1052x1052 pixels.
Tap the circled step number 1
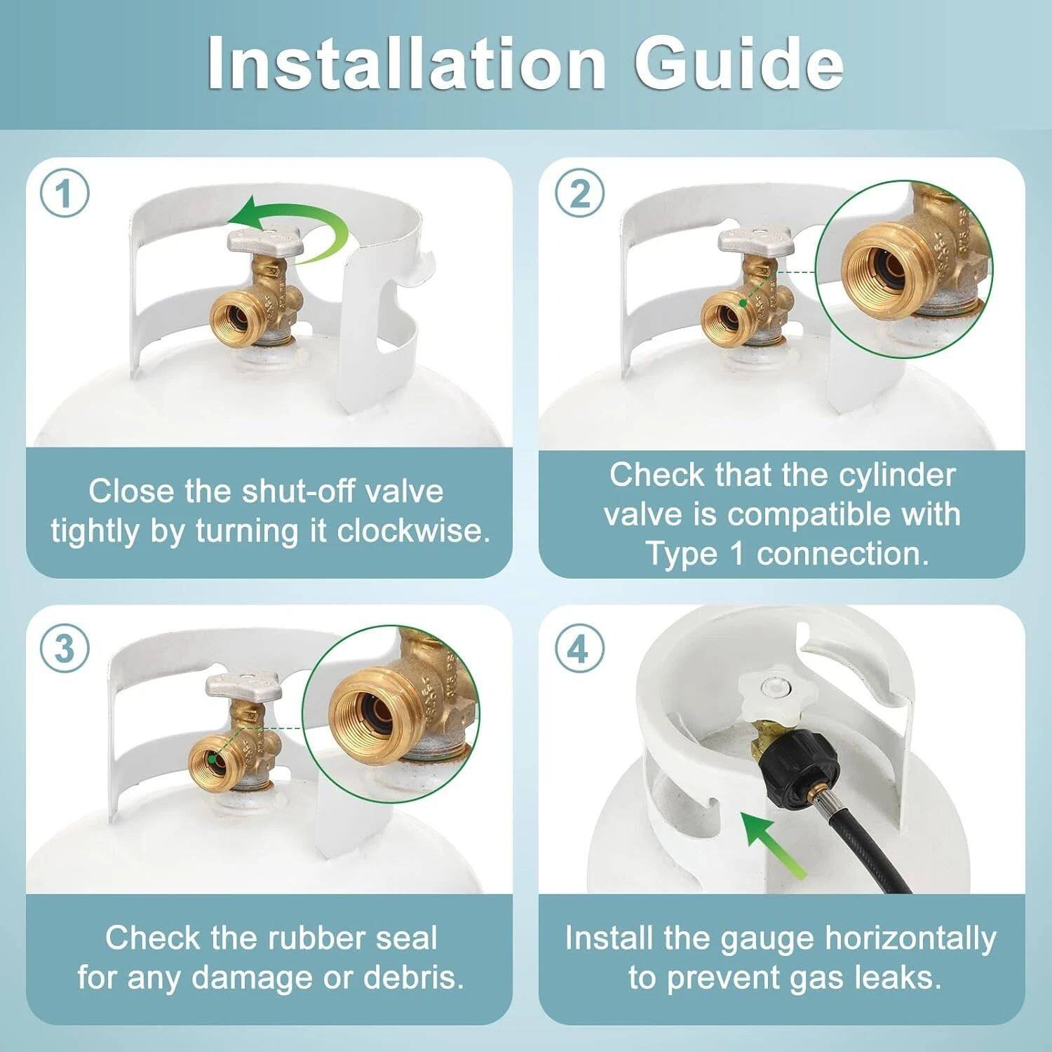pyautogui.click(x=65, y=194)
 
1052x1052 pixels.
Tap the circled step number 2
pyautogui.click(x=579, y=194)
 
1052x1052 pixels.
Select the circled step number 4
pyautogui.click(x=577, y=649)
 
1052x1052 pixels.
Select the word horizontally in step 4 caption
pyautogui.click(x=910, y=938)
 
